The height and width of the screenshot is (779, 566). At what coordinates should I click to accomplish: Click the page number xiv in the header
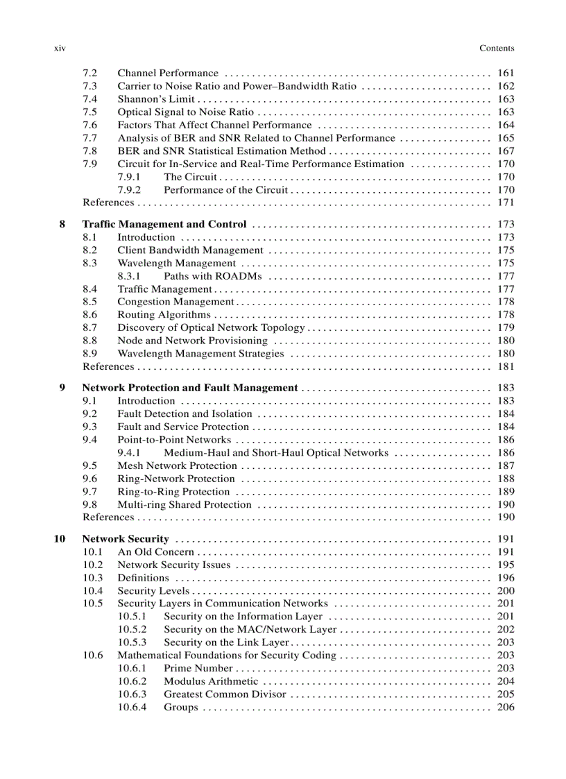coord(59,49)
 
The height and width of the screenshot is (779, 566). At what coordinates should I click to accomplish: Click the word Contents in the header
coord(497,49)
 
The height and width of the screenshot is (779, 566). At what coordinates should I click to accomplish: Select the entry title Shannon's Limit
coord(155,99)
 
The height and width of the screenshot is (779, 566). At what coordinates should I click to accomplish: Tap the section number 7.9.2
coord(129,189)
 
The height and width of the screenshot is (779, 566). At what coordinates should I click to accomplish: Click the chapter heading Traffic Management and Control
coord(164,224)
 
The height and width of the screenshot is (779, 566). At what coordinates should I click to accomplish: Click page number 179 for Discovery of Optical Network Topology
coord(506,327)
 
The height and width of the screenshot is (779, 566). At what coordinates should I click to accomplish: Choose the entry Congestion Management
coord(175,302)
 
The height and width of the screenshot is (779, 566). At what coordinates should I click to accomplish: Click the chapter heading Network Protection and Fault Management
coord(190,388)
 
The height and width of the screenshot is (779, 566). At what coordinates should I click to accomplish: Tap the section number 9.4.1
coord(129,453)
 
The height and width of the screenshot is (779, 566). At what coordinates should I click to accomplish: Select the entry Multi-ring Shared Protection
coord(184,505)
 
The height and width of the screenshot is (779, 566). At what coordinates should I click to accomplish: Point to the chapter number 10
coord(60,539)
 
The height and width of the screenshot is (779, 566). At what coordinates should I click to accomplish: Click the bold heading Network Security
coord(126,539)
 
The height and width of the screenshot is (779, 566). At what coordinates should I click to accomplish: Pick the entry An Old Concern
coord(155,552)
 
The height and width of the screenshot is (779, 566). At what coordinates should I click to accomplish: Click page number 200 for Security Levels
coord(506,591)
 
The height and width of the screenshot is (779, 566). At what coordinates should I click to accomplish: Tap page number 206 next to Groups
coord(506,708)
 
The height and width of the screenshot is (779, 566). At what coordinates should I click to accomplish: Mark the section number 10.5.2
coord(132,630)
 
